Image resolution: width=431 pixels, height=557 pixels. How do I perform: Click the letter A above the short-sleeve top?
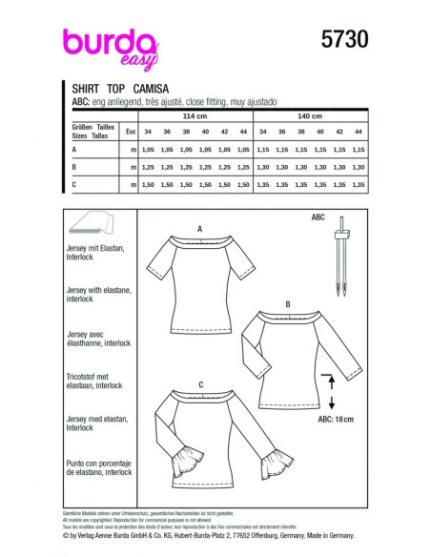(199, 230)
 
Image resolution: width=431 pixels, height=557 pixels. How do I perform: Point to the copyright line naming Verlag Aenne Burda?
(215, 538)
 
